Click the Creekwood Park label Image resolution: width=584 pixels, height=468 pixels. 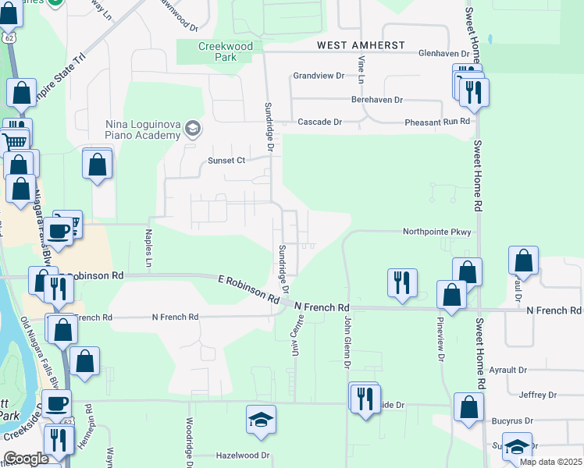coord(226,51)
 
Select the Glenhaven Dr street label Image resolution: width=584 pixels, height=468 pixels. coord(443,54)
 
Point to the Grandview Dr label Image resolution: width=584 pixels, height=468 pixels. coord(319,76)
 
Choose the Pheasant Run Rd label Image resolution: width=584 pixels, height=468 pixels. coord(437,122)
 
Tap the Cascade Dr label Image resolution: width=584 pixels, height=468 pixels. coord(320,122)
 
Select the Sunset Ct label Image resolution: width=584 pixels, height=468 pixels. coord(226,161)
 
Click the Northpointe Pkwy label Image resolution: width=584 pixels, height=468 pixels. coord(437,232)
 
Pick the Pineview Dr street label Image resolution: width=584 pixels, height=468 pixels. coord(441,343)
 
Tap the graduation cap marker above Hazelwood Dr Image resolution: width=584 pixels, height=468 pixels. coord(262,421)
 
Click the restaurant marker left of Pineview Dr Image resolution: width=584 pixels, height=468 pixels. coord(402,282)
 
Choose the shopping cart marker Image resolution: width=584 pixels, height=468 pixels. coord(15,142)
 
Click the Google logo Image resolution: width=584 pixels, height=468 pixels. coord(27,459)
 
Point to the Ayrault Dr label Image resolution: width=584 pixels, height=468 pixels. coord(535,370)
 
